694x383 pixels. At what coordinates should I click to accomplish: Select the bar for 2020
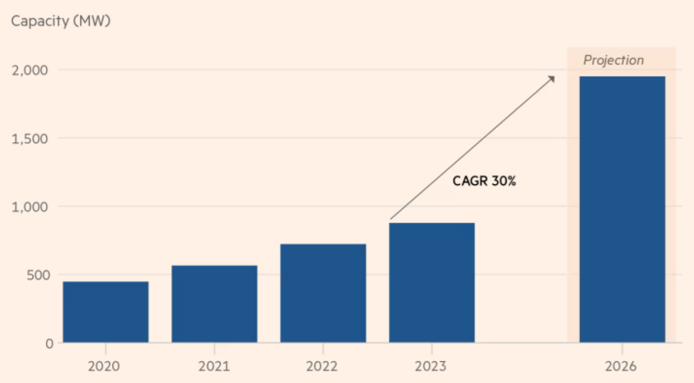[x=106, y=312]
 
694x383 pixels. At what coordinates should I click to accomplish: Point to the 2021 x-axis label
[x=214, y=366]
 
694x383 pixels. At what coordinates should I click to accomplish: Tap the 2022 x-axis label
[x=323, y=366]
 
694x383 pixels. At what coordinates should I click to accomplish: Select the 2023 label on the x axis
[x=431, y=366]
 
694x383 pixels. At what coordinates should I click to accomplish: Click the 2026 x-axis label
[x=621, y=366]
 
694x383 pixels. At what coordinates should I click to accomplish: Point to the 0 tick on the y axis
[x=49, y=343]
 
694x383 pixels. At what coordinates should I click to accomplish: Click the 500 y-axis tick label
[x=38, y=275]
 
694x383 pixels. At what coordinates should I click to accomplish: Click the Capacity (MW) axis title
[x=60, y=22]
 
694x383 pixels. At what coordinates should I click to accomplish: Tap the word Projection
[x=613, y=60]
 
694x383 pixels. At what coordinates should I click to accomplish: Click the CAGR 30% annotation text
[x=484, y=181]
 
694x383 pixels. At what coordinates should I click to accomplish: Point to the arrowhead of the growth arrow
[x=553, y=78]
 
